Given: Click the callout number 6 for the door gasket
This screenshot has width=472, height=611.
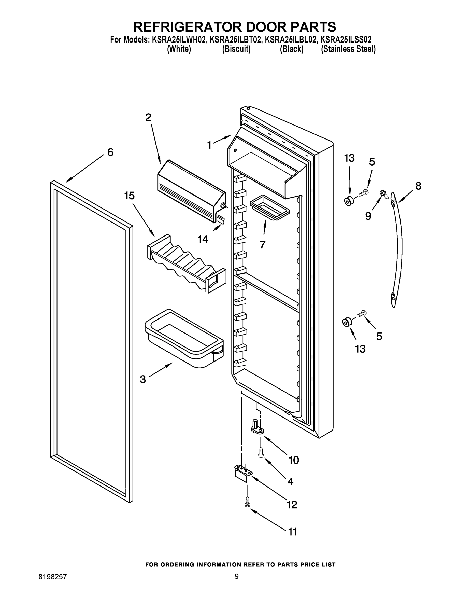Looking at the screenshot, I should click(x=110, y=152).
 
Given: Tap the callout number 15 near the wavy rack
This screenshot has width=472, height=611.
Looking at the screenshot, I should click(x=130, y=196).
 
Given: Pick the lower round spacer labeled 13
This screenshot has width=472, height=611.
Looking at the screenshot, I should click(x=347, y=322).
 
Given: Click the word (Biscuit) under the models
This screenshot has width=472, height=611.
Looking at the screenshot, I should click(x=236, y=49).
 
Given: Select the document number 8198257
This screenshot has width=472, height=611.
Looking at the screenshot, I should click(x=53, y=577).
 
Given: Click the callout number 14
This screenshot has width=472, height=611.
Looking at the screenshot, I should click(x=203, y=240).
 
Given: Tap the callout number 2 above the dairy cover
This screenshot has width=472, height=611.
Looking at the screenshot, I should click(x=148, y=117).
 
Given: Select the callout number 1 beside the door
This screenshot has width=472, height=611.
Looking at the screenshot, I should click(x=209, y=145).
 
